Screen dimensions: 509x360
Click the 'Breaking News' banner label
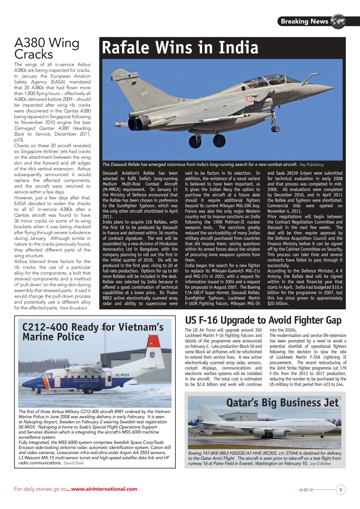304,21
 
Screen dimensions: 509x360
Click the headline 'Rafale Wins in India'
180,48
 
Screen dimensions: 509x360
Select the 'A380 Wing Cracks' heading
47,48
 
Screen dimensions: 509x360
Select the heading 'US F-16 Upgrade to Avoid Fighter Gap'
263,320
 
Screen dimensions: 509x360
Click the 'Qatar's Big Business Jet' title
282,402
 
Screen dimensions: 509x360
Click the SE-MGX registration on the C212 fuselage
122,374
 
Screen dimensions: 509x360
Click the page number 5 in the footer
341,490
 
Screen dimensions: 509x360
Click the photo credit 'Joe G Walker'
320,463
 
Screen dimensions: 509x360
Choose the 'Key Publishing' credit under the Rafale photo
311,165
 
